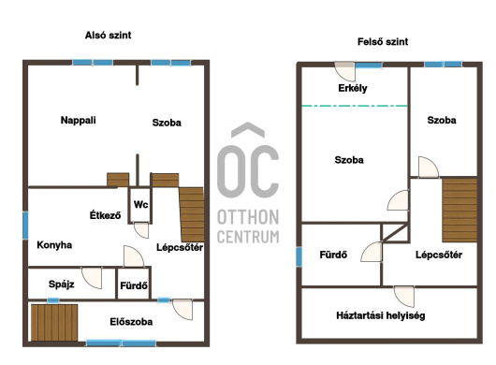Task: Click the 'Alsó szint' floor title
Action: [108, 35]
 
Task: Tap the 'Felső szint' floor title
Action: [383, 41]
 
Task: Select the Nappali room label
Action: [78, 120]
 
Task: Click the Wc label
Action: [140, 204]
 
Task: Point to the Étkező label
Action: [105, 215]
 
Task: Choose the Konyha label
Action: [54, 245]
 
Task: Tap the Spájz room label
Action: [62, 284]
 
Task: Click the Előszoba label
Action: [131, 322]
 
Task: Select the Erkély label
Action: [353, 88]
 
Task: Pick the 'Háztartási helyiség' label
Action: [381, 315]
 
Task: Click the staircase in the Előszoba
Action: [54, 322]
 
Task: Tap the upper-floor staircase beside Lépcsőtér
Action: [460, 210]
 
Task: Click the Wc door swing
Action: [141, 230]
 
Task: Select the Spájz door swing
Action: [92, 278]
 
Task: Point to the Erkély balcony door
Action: [344, 71]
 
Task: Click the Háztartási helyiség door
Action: [404, 297]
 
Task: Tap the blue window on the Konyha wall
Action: [25, 226]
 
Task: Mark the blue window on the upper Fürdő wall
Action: [299, 256]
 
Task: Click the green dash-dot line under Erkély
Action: [355, 106]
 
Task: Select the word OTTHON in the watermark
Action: [248, 217]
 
